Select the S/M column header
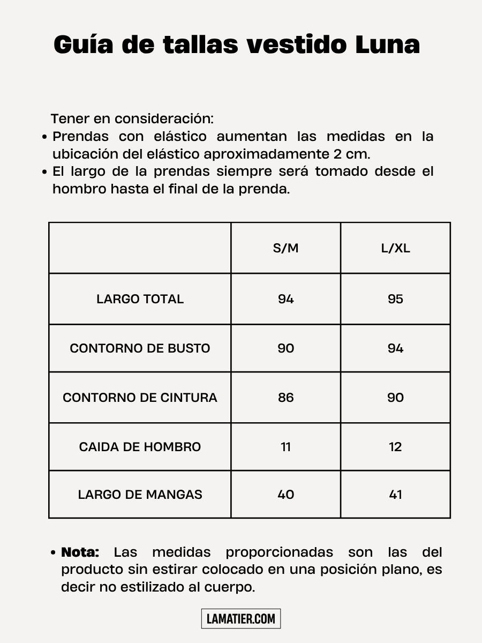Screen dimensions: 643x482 pos(285,248)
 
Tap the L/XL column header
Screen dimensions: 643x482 pos(395,248)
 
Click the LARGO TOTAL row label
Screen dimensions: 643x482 pos(140,299)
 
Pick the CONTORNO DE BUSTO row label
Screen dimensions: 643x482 pos(140,348)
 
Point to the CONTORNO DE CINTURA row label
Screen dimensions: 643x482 pos(140,398)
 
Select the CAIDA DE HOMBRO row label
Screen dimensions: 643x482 pos(140,447)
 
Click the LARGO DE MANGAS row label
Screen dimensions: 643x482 pos(140,494)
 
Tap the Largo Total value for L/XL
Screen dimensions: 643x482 pos(395,299)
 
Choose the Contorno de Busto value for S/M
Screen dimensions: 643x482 pos(285,348)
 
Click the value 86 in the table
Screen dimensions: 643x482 pos(285,398)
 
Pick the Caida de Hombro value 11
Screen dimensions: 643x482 pos(285,447)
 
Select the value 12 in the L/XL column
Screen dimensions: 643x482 pos(395,447)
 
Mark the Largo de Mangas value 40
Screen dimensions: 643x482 pos(285,494)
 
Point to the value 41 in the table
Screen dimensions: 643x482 pos(395,494)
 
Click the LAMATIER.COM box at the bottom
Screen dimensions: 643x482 pos(241,619)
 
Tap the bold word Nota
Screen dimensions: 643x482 pos(80,552)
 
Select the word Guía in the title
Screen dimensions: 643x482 pos(84,45)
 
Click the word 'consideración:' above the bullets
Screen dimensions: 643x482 pos(164,118)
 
